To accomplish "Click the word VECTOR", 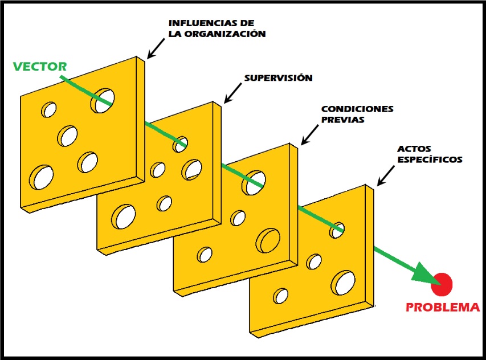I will (x=40, y=66).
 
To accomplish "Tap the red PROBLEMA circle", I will (x=442, y=284).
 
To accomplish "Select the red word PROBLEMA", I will (x=442, y=308).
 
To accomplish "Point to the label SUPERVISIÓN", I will (x=278, y=78).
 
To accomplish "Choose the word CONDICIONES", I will (x=357, y=109).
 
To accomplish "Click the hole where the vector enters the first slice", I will (x=103, y=99).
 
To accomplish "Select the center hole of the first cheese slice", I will (x=68, y=136).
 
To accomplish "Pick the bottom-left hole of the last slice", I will (x=280, y=296).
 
